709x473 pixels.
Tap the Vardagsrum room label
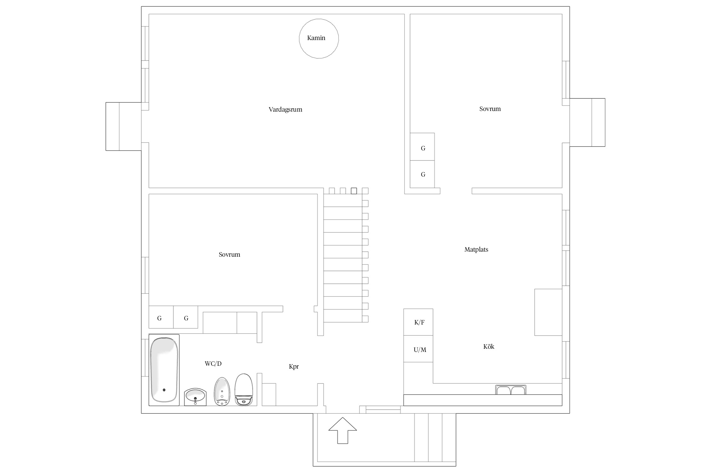point(285,110)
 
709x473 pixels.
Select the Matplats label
point(476,250)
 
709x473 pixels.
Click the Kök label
point(489,347)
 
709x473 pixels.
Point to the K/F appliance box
point(418,322)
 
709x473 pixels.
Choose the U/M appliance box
point(418,349)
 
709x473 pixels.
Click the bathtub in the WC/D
point(164,370)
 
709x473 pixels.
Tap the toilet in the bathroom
point(244,390)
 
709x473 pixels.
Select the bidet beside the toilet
point(222,391)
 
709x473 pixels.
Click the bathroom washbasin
point(195,397)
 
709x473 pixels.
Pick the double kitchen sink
point(510,390)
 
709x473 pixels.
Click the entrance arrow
point(343,431)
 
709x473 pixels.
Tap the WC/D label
point(213,364)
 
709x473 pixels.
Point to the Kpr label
point(294,367)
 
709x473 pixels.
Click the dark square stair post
point(354,191)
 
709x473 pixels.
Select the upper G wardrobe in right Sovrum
point(422,147)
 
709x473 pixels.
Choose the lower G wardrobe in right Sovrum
point(422,174)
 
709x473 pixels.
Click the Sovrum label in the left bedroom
point(229,255)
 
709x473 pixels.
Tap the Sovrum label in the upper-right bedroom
point(490,109)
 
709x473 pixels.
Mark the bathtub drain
point(164,390)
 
